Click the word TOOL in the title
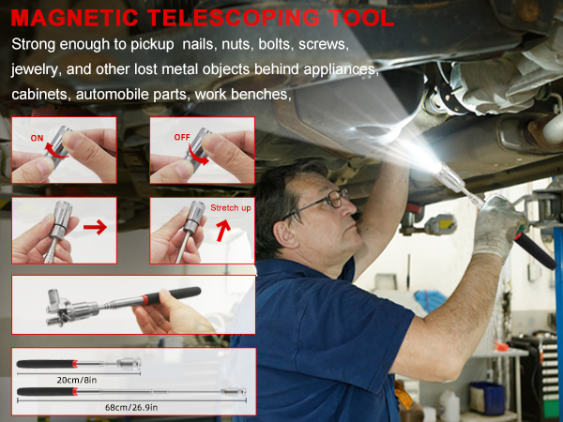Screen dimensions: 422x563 click(x=360, y=18)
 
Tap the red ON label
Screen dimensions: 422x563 click(x=38, y=137)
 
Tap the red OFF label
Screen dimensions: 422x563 click(x=181, y=137)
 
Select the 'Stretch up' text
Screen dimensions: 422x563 click(x=231, y=207)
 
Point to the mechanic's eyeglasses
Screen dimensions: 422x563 click(x=325, y=200)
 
